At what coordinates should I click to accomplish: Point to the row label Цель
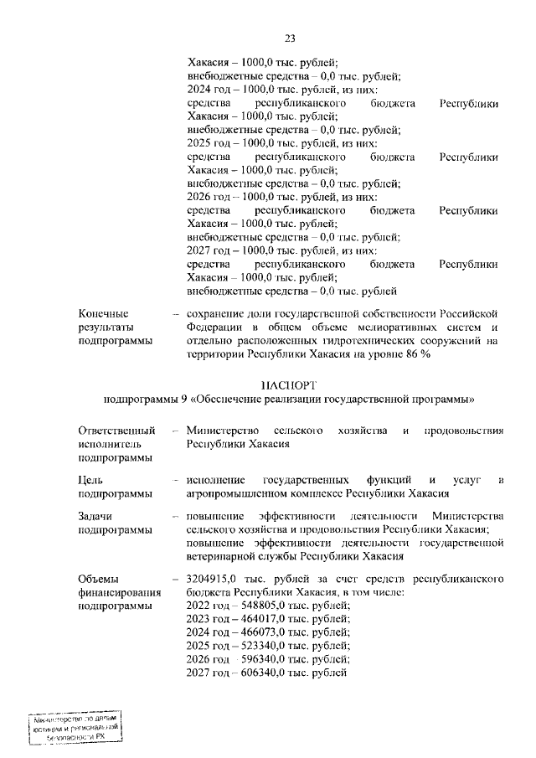[x=91, y=479]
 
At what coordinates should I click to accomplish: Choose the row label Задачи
[x=95, y=517]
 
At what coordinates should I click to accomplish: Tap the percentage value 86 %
[x=417, y=354]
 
